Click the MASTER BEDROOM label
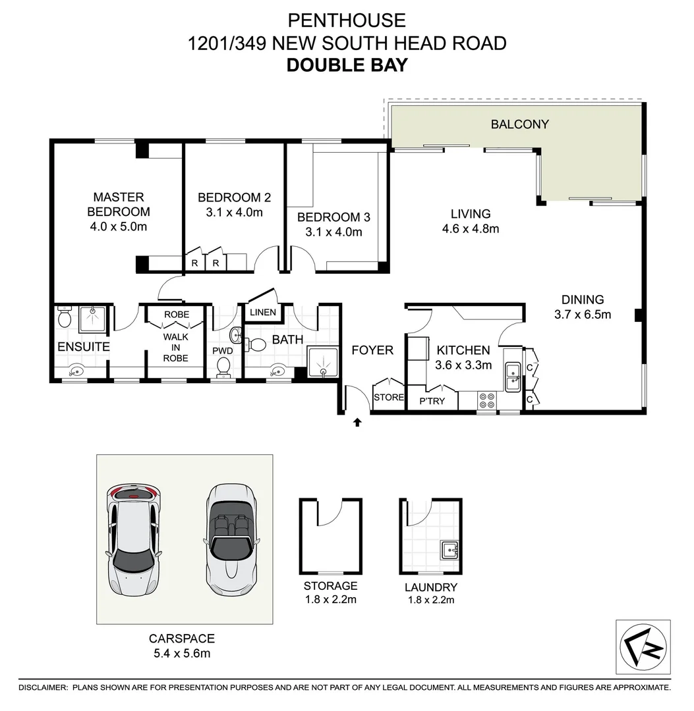point(119,204)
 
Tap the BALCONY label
point(519,124)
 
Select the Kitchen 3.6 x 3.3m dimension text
point(463,365)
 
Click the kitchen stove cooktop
point(487,400)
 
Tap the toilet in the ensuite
point(64,318)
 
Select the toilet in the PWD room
point(224,367)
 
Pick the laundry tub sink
point(449,549)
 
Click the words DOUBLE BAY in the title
point(347,65)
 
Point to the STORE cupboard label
point(388,398)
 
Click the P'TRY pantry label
point(432,400)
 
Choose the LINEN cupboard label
point(263,312)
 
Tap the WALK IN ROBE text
point(176,347)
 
